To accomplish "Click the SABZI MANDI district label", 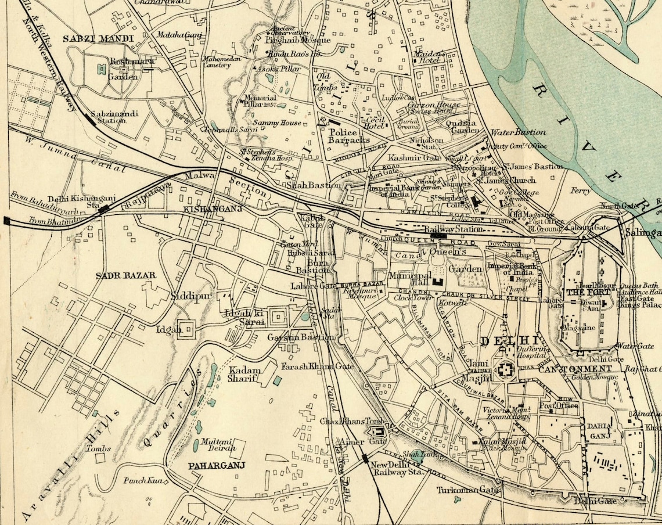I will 98,39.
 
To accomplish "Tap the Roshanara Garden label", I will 124,69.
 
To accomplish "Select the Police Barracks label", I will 348,136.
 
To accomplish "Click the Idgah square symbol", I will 186,329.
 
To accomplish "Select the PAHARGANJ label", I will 217,466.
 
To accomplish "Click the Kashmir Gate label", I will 407,158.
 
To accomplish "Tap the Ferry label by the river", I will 580,190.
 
